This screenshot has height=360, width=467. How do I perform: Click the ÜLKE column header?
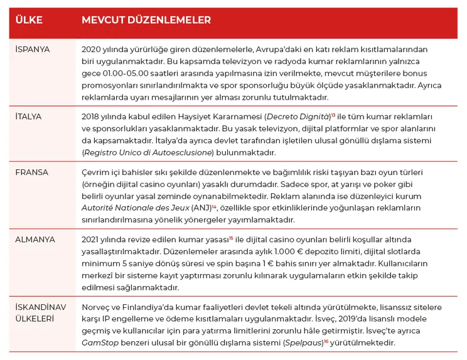pos(29,21)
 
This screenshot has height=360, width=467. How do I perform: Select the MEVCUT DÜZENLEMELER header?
pos(146,21)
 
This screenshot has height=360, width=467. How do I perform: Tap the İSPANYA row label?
pos(33,49)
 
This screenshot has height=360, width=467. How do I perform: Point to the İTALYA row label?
pos(30,117)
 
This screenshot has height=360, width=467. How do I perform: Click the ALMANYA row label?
pos(35,240)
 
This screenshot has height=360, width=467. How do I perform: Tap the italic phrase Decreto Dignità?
pos(297,117)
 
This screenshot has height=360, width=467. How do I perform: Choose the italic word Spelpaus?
pos(303,343)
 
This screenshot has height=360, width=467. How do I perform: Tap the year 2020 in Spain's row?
pos(92,50)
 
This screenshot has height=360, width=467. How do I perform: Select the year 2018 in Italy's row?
pos(92,117)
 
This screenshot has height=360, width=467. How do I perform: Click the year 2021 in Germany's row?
pos(91,240)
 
